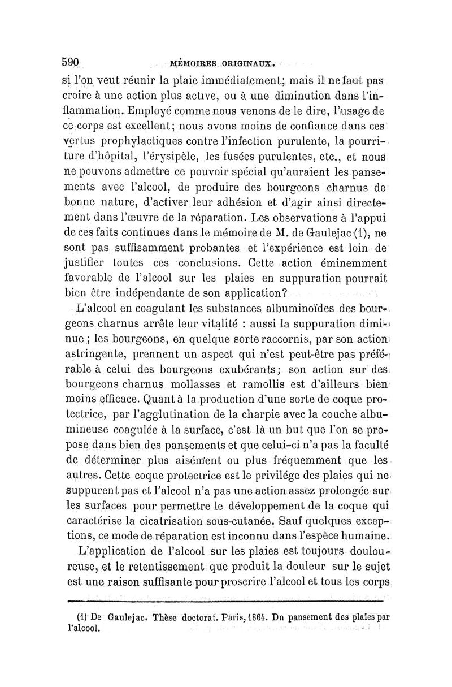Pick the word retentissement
point(161,567)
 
